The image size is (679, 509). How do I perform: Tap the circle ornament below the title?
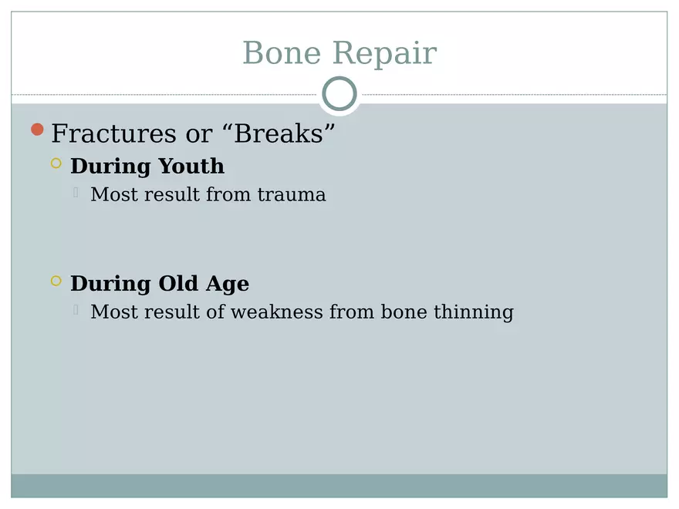[339, 95]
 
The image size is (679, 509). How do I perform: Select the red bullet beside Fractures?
[37, 130]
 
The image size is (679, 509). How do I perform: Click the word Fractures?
[113, 133]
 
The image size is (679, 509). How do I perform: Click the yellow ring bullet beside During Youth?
[56, 163]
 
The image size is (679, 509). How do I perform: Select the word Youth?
[191, 166]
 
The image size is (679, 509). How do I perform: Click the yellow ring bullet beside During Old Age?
[56, 281]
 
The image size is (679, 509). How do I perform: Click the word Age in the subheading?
[228, 285]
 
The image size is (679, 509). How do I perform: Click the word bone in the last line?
[404, 312]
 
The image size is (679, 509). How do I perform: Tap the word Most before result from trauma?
[110, 194]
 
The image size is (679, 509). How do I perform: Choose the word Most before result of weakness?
[110, 312]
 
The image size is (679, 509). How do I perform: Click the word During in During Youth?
[111, 166]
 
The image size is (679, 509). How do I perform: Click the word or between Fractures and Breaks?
[199, 134]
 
